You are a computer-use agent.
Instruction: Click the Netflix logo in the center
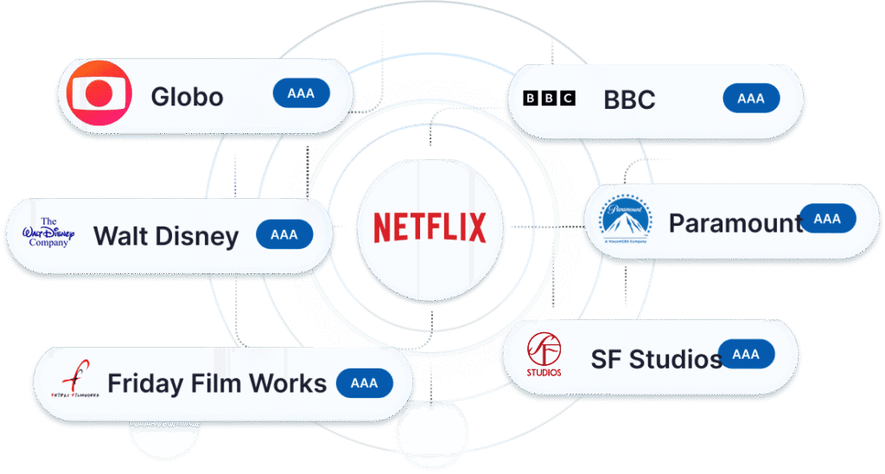pyautogui.click(x=430, y=227)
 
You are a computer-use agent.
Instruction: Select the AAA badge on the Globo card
pyautogui.click(x=301, y=93)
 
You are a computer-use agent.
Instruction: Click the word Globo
pyautogui.click(x=187, y=96)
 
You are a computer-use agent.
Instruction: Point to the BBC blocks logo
pyautogui.click(x=549, y=99)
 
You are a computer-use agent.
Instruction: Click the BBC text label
pyautogui.click(x=629, y=99)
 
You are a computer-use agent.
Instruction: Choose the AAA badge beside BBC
pyautogui.click(x=751, y=99)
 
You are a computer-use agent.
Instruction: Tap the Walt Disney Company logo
pyautogui.click(x=48, y=233)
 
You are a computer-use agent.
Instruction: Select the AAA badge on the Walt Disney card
pyautogui.click(x=284, y=234)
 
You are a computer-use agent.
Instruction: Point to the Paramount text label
pyautogui.click(x=735, y=224)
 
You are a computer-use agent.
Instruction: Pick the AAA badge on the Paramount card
pyautogui.click(x=827, y=219)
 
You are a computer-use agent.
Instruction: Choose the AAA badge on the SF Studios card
pyautogui.click(x=746, y=354)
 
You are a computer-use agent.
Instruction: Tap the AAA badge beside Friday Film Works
pyautogui.click(x=364, y=382)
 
